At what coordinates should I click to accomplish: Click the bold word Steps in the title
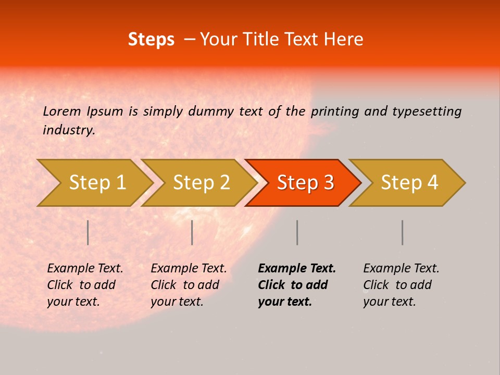151,40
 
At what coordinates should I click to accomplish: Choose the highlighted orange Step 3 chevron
305,183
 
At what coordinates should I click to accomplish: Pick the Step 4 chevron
409,183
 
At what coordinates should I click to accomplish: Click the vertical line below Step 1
88,232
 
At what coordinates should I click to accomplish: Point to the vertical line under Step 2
192,232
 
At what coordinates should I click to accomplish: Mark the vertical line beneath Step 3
297,232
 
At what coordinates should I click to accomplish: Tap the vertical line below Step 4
403,232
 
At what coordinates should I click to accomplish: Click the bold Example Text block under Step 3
297,285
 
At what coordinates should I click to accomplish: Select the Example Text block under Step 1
85,285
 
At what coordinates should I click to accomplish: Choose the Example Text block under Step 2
189,285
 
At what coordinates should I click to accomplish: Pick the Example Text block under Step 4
401,285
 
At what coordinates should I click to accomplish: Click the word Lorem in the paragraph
62,111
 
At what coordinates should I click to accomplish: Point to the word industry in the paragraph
68,130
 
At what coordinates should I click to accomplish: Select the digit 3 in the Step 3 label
328,183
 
